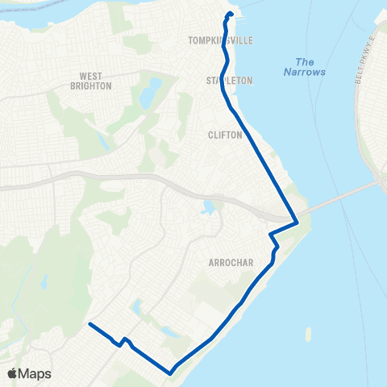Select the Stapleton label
(x=229, y=81)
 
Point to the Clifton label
(x=225, y=135)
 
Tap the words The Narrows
(x=304, y=67)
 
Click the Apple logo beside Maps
(x=13, y=373)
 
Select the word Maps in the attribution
(x=35, y=373)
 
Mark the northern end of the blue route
(x=231, y=15)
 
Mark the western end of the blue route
(x=89, y=324)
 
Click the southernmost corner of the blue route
(x=171, y=372)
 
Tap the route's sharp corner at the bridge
(x=298, y=223)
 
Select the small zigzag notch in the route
(x=123, y=342)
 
